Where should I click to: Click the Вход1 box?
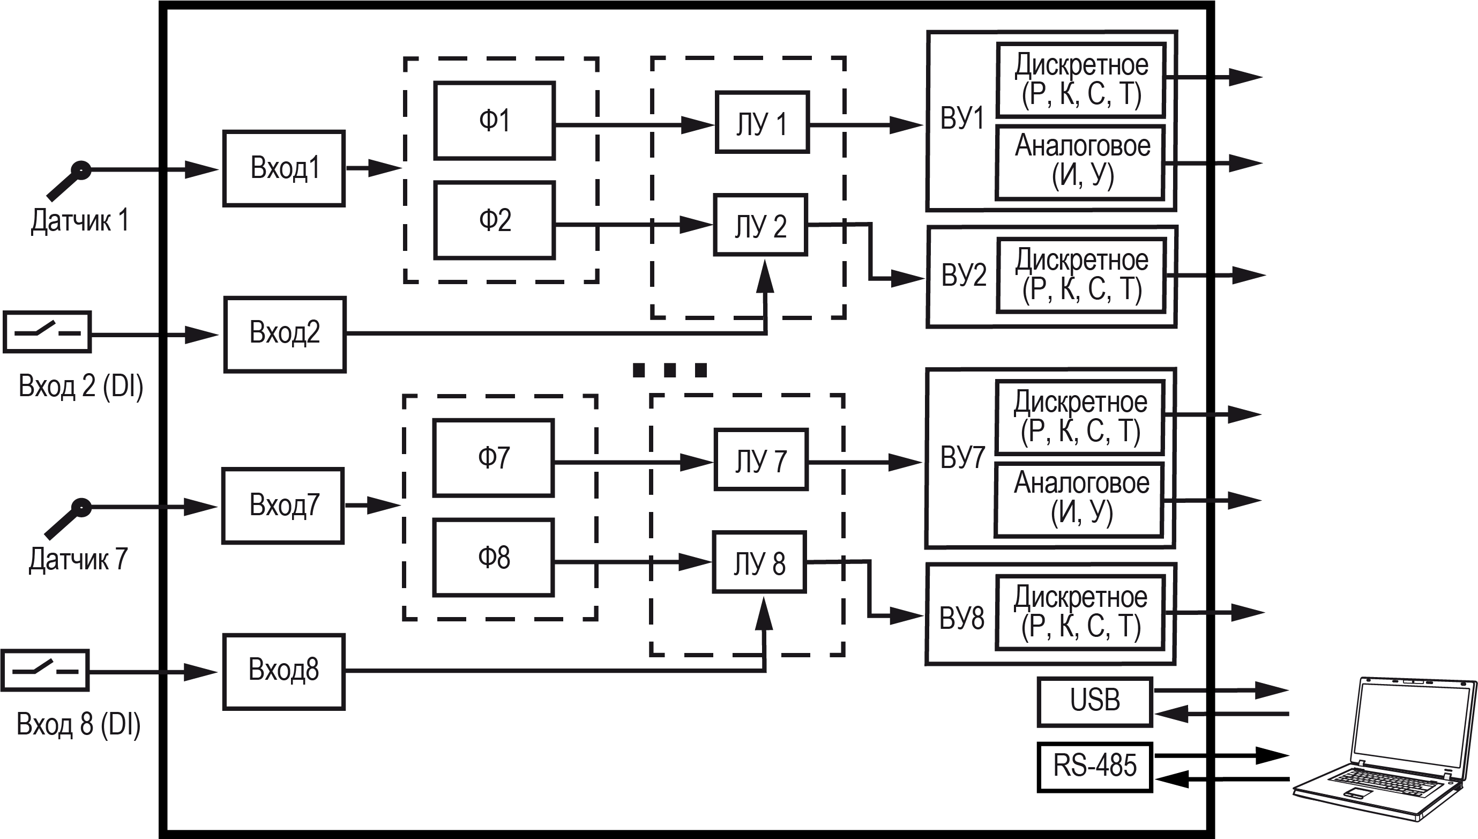284,168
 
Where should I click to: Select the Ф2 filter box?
494,220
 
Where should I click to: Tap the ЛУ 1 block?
762,123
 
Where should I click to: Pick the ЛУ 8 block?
759,562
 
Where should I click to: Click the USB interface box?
1094,701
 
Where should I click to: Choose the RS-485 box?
1094,767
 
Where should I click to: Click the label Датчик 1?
79,221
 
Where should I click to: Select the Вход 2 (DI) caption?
80,386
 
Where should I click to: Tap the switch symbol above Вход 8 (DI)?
45,671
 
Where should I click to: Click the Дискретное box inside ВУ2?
1081,275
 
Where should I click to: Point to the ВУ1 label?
962,118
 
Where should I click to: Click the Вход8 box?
284,671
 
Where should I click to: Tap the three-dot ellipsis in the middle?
669,369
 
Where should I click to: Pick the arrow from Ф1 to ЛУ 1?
633,124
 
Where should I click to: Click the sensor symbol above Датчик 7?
68,518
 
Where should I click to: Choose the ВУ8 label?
961,618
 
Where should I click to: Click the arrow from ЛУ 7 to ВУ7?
864,462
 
